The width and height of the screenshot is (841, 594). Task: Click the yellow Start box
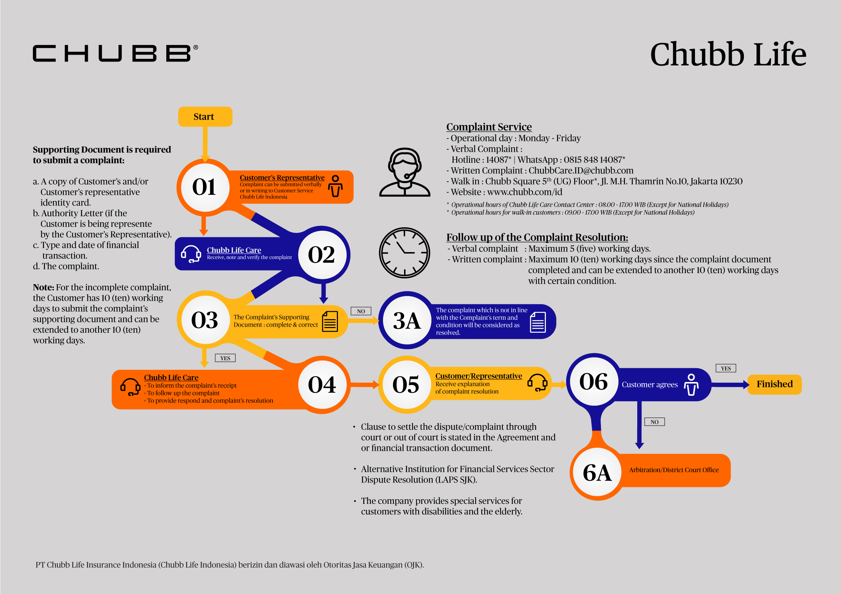click(205, 117)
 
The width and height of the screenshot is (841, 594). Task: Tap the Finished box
click(774, 384)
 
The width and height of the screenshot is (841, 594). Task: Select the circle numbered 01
click(204, 187)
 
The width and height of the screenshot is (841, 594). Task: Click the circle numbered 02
click(321, 255)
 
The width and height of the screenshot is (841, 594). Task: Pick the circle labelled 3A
click(407, 320)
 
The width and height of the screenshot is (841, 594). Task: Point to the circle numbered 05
click(406, 384)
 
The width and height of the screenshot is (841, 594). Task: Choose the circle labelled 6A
click(597, 473)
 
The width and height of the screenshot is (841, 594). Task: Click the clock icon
click(404, 253)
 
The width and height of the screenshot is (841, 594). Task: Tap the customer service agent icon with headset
click(404, 172)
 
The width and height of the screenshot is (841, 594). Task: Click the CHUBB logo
click(115, 53)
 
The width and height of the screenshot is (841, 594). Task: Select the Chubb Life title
click(728, 54)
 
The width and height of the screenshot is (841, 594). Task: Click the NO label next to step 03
click(361, 311)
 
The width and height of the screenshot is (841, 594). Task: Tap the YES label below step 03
click(225, 358)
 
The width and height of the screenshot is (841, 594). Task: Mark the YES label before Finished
click(726, 368)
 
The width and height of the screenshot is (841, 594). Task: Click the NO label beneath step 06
click(654, 422)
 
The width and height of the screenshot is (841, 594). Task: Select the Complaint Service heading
click(489, 127)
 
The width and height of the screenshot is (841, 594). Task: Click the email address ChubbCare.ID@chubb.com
click(581, 170)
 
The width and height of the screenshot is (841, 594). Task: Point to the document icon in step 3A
click(538, 322)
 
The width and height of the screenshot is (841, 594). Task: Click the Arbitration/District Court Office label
click(674, 470)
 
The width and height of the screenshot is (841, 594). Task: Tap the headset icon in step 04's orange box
click(130, 387)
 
